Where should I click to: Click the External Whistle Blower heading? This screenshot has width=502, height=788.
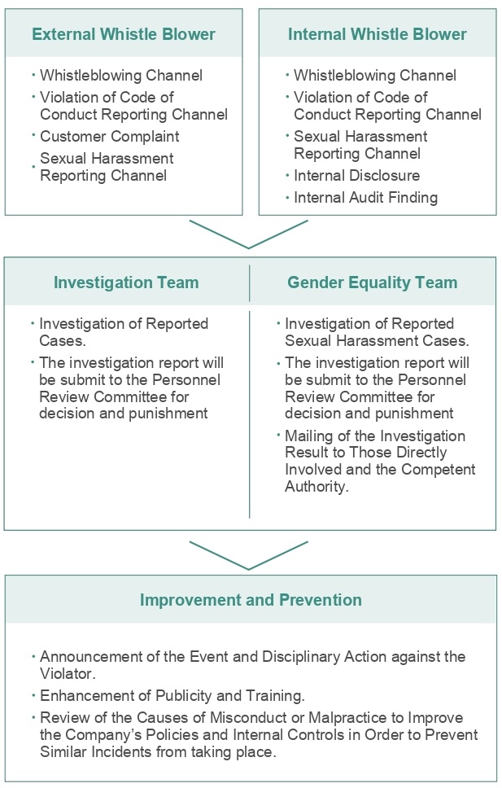pyautogui.click(x=124, y=34)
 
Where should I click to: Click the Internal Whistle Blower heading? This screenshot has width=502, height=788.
pyautogui.click(x=378, y=34)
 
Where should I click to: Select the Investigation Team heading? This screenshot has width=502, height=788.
pyautogui.click(x=126, y=282)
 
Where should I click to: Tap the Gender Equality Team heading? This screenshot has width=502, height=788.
pyautogui.click(x=373, y=282)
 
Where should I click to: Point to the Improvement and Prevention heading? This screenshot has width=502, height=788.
pyautogui.click(x=251, y=600)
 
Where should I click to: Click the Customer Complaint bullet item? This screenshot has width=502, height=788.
pyautogui.click(x=110, y=136)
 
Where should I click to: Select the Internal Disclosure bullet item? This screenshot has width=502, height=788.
pyautogui.click(x=357, y=175)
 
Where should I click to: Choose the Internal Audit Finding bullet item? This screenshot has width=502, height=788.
pyautogui.click(x=366, y=198)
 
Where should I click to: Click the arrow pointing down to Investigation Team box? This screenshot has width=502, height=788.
pyautogui.click(x=249, y=247)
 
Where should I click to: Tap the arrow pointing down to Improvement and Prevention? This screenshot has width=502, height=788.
pyautogui.click(x=249, y=568)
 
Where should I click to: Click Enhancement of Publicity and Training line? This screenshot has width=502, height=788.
pyautogui.click(x=172, y=695)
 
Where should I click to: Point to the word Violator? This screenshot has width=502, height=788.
pyautogui.click(x=68, y=673)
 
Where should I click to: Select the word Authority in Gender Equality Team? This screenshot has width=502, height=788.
pyautogui.click(x=316, y=487)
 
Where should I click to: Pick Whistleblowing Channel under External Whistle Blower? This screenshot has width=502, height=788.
pyautogui.click(x=121, y=76)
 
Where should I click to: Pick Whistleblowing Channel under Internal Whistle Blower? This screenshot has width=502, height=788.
pyautogui.click(x=375, y=76)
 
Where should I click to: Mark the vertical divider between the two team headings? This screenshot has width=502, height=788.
pyautogui.click(x=249, y=283)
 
